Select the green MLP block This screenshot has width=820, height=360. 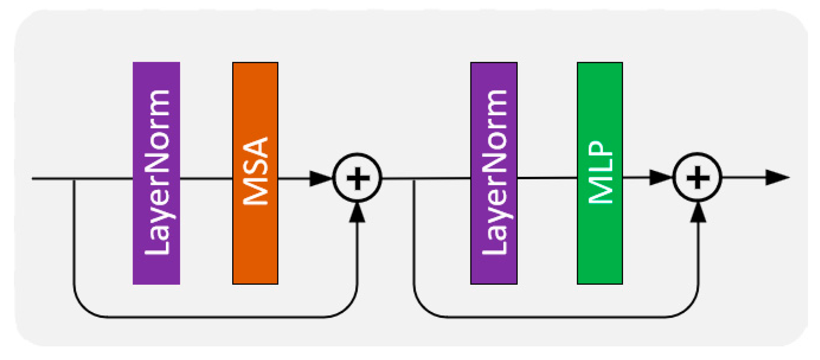[x=599, y=240]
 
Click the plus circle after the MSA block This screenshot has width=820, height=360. [x=357, y=178]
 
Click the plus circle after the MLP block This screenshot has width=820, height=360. [x=697, y=177]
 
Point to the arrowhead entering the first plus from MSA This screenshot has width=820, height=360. [x=320, y=178]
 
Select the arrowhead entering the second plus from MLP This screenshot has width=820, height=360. [x=660, y=177]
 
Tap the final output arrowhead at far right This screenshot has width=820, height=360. [x=777, y=177]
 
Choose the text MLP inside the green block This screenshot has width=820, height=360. [x=600, y=172]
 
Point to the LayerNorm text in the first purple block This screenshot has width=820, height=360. [x=157, y=172]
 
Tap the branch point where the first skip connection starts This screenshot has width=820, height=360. [x=74, y=179]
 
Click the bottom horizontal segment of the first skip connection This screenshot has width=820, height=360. [x=216, y=317]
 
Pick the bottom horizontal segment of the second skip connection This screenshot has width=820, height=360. [x=557, y=317]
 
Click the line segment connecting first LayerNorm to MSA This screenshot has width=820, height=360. [x=206, y=178]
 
